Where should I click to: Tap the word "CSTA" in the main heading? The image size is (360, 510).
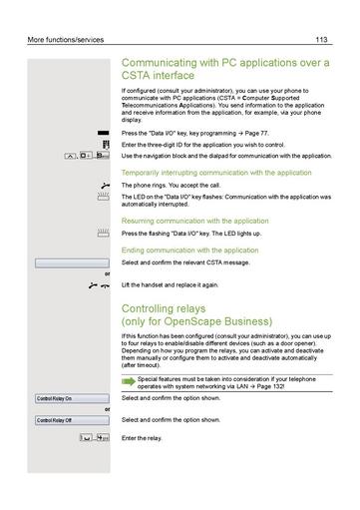click(139, 76)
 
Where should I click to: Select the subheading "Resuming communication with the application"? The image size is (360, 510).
click(194, 220)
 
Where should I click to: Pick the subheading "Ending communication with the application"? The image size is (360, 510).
click(189, 250)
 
